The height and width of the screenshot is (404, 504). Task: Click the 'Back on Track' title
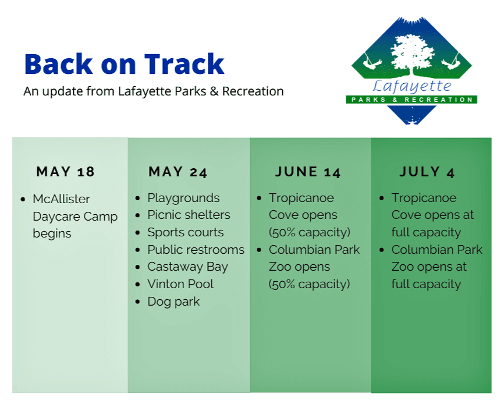coord(124,64)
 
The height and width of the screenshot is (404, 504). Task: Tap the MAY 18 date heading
coord(65,172)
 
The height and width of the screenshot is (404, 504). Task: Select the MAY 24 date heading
coord(178,172)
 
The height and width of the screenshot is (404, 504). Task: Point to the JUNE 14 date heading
coord(308,172)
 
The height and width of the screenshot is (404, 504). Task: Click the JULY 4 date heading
coord(427,172)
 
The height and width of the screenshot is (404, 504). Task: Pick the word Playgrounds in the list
coord(183,198)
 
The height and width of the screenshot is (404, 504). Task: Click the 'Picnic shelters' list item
coord(189,215)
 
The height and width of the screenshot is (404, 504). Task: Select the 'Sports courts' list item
coord(185,232)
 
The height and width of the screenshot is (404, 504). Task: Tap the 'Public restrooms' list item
coord(196,250)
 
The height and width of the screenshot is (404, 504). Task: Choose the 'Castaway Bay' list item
coord(187,267)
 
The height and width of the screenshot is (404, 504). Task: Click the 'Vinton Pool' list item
coord(180,284)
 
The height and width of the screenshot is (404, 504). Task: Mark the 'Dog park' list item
coord(173,302)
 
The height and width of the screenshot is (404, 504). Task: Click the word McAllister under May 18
coord(61,199)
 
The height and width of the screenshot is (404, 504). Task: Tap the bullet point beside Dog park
coord(137,302)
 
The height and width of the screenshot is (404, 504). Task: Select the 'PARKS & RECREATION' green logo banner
coord(411,100)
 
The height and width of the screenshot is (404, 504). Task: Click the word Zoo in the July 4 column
coord(403,267)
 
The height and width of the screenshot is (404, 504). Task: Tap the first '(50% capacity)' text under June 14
coord(309,232)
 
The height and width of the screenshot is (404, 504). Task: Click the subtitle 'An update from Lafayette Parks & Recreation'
coord(154,91)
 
